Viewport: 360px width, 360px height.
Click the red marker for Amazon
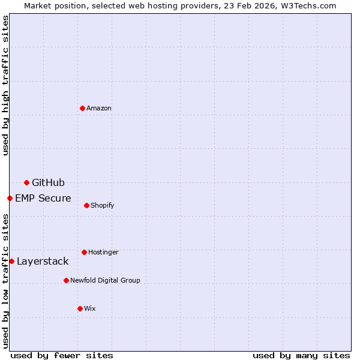click(82, 108)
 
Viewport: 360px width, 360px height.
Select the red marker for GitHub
click(26, 182)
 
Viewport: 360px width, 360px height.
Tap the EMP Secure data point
click(10, 198)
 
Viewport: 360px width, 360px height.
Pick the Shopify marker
click(86, 205)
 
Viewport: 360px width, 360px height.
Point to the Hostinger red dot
click(84, 252)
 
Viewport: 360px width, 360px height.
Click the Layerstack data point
click(11, 261)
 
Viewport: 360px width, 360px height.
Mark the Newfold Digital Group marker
click(66, 280)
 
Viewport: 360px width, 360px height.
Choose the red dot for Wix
click(80, 308)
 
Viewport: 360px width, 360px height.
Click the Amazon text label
click(99, 108)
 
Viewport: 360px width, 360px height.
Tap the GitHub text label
click(48, 182)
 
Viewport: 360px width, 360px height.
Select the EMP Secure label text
click(43, 198)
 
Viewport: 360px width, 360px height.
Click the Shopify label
click(102, 205)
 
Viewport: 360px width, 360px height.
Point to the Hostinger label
click(103, 252)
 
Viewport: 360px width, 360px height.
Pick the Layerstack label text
click(43, 261)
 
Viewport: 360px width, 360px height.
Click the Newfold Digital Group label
click(105, 280)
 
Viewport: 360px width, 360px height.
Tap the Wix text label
click(90, 308)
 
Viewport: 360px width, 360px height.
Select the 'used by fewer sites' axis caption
click(62, 355)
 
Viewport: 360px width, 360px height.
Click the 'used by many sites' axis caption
click(301, 355)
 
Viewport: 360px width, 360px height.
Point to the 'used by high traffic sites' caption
click(5, 85)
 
